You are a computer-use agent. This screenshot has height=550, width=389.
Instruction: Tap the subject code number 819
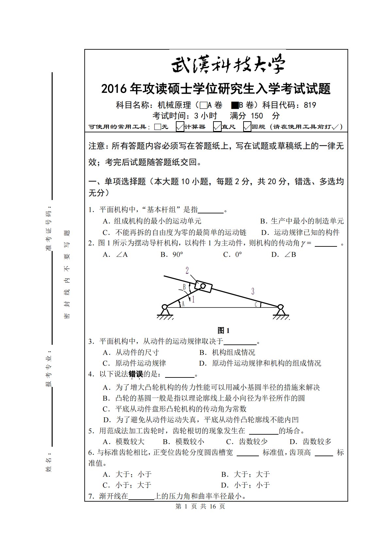310,105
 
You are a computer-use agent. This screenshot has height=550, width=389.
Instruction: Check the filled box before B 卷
235,105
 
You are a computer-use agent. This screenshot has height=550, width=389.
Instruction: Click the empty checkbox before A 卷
203,105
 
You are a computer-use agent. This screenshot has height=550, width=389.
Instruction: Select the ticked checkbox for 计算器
180,127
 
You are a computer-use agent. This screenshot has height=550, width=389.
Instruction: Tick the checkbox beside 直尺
217,127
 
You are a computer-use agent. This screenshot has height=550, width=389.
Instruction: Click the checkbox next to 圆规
247,127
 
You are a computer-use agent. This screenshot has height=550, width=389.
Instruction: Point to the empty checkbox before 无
158,127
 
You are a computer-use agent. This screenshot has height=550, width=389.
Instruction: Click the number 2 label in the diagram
187,270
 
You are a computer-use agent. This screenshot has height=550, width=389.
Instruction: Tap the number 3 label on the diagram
253,291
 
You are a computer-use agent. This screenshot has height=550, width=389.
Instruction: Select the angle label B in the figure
184,287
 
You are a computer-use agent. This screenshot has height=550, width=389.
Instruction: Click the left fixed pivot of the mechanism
165,307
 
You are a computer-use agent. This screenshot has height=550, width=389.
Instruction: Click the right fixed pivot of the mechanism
280,307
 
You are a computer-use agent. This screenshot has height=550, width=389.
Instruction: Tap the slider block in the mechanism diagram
203,287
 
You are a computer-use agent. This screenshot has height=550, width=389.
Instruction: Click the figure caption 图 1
224,330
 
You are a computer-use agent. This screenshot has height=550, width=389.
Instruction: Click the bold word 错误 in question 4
136,374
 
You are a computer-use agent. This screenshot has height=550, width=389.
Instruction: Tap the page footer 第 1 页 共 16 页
200,507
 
